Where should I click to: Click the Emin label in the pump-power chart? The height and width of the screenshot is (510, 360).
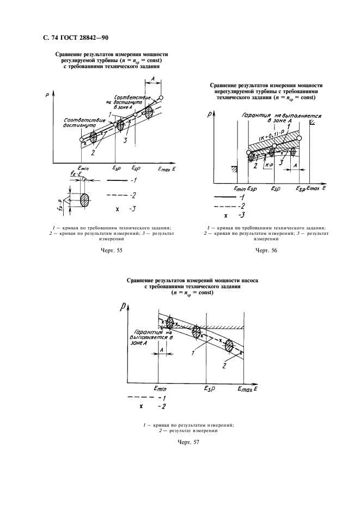point(160,389)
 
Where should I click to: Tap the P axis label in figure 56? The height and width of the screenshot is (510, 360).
point(210,114)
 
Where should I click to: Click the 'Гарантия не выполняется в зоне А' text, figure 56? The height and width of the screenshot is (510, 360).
point(280,119)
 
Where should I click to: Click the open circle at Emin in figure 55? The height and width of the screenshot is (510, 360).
point(82,140)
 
